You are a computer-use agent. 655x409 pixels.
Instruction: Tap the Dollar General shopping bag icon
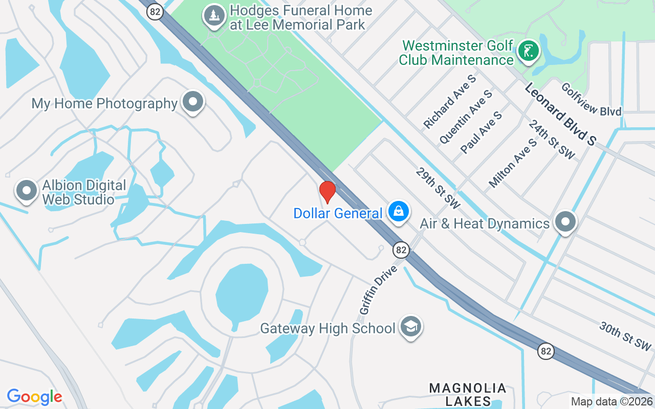(398, 211)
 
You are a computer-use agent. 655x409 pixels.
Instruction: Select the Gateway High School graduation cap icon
(410, 326)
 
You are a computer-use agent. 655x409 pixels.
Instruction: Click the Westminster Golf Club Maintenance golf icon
(528, 51)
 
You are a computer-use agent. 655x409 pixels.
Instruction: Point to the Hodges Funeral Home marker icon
(215, 16)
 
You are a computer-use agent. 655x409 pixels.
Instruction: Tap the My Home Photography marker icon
(193, 101)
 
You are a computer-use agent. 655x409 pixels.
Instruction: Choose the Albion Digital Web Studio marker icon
(27, 191)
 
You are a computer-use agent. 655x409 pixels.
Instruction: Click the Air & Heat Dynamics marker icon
(565, 222)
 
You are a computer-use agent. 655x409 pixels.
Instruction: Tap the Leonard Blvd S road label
(560, 114)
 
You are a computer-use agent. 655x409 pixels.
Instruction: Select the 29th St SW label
(438, 187)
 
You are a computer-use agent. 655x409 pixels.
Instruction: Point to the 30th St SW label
(625, 336)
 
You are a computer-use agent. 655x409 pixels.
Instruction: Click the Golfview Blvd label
(591, 99)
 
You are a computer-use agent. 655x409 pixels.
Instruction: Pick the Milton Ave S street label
(513, 163)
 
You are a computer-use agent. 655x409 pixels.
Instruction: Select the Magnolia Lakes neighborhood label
(468, 394)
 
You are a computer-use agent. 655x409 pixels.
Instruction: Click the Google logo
(34, 396)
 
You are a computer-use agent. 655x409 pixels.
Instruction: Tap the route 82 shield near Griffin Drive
(401, 249)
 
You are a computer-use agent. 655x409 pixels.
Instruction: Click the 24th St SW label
(552, 139)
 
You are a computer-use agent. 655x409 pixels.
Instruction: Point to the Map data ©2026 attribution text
(612, 401)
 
